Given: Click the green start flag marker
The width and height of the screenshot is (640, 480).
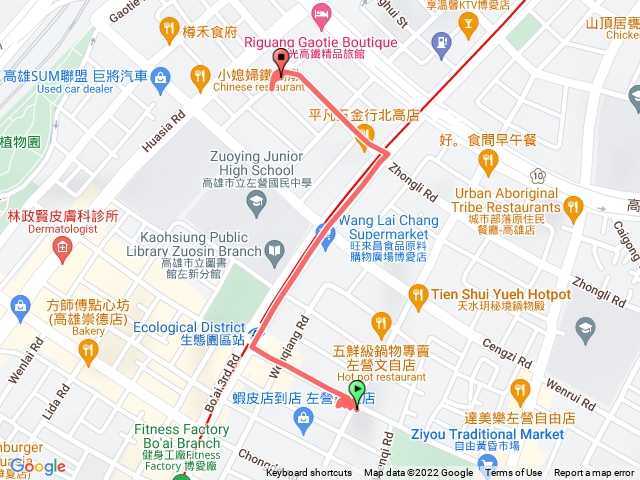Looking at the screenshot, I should (x=357, y=392).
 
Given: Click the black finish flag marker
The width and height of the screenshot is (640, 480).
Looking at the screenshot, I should (x=280, y=60).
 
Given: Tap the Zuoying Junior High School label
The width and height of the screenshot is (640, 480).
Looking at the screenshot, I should (x=256, y=163).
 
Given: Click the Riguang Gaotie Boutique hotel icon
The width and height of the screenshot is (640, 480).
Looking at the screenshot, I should (x=320, y=12).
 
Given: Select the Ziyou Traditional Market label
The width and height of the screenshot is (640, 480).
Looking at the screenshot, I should (x=487, y=434).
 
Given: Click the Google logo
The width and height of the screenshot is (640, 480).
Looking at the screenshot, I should (x=38, y=466).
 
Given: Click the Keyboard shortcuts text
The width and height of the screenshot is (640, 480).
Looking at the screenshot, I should (x=309, y=473).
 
